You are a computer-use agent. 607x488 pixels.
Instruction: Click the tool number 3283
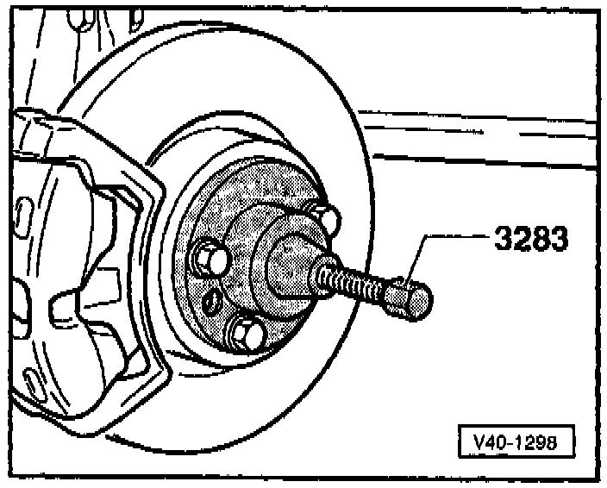coord(530,239)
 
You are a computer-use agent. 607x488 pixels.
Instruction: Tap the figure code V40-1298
coord(516,443)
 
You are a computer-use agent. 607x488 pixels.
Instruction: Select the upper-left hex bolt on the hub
coord(210,256)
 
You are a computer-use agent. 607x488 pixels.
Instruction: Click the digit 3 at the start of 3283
coord(502,239)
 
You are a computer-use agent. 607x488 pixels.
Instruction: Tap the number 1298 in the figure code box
coord(535,443)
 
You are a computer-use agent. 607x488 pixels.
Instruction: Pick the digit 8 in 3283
coord(540,239)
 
